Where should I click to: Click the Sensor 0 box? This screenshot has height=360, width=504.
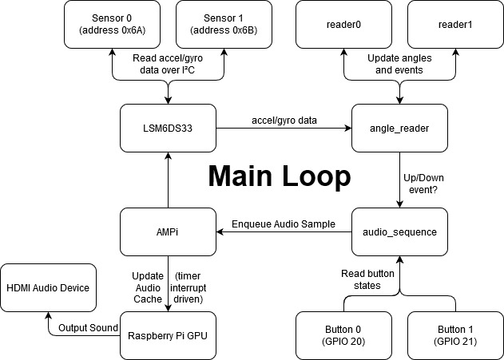point(113,24)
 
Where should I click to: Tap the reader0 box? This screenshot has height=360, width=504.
point(344,24)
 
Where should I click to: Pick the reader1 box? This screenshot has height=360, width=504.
point(455,24)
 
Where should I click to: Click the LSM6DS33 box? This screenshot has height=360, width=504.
point(168,129)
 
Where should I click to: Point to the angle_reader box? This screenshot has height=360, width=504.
point(399,129)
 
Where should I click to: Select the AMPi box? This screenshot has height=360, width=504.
point(168,231)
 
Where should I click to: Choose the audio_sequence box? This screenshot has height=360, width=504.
point(399,231)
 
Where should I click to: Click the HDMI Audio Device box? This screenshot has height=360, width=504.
point(48,287)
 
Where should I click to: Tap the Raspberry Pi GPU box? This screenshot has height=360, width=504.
point(168,335)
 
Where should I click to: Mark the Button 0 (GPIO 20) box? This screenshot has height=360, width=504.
point(343,335)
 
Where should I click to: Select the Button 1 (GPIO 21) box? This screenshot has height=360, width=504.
point(455,335)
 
